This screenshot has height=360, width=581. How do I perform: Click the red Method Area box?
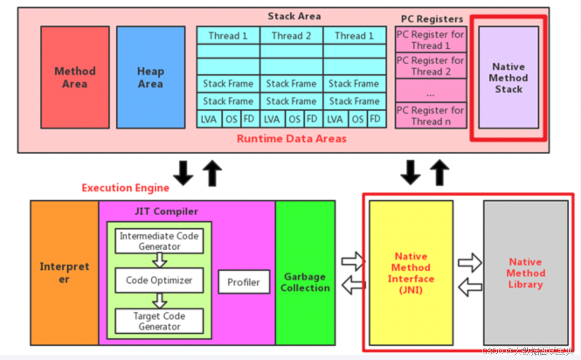pyautogui.click(x=75, y=77)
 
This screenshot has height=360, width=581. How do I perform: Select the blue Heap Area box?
pyautogui.click(x=151, y=77)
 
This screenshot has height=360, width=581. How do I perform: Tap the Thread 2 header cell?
pyautogui.click(x=291, y=36)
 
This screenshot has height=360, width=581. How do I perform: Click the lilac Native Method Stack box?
pyautogui.click(x=508, y=78)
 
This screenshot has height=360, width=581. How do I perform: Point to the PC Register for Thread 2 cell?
pyautogui.click(x=430, y=66)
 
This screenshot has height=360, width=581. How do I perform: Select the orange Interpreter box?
pyautogui.click(x=65, y=273)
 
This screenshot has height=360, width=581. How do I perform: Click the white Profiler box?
pyautogui.click(x=244, y=282)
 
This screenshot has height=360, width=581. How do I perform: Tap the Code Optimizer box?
pyautogui.click(x=159, y=280)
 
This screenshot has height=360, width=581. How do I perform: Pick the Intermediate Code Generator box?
pyautogui.click(x=159, y=241)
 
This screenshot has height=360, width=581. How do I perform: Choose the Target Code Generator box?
pyautogui.click(x=159, y=321)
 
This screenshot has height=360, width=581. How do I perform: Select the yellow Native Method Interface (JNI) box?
pyautogui.click(x=411, y=273)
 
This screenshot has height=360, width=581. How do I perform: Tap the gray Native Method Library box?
pyautogui.click(x=526, y=273)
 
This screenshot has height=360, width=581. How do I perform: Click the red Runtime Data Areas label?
pyautogui.click(x=291, y=139)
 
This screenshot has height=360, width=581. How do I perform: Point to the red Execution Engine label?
pyautogui.click(x=125, y=188)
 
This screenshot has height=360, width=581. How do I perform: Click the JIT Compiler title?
pyautogui.click(x=166, y=211)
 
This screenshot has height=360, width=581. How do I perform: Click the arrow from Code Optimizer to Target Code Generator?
pyautogui.click(x=160, y=301)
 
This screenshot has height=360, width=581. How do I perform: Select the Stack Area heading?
pyautogui.click(x=294, y=17)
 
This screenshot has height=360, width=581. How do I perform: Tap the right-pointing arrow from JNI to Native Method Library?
pyautogui.click(x=470, y=263)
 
